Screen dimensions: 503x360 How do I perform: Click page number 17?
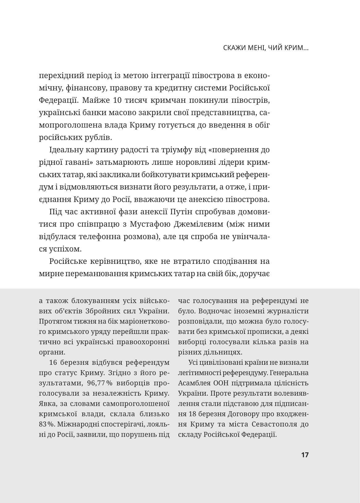point(305,455)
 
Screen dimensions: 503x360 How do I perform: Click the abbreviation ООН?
point(221,383)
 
